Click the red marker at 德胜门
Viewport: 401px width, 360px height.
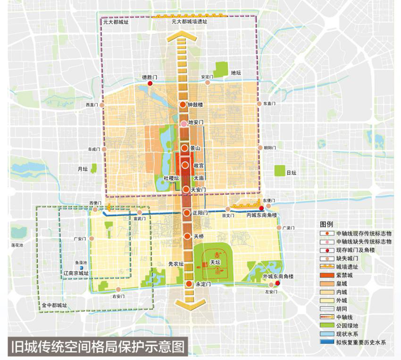coord(150,84)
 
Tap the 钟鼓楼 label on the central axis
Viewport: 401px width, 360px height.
coord(195,104)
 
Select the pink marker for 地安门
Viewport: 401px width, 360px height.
coord(184,124)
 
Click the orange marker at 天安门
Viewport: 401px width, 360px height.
coord(186,189)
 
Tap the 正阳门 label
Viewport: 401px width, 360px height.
coord(200,213)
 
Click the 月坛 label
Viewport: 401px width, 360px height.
coord(83,169)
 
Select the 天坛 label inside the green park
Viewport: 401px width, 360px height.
coord(216,262)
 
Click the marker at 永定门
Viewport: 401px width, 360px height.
coord(187,284)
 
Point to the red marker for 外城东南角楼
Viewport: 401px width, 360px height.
coord(278,283)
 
